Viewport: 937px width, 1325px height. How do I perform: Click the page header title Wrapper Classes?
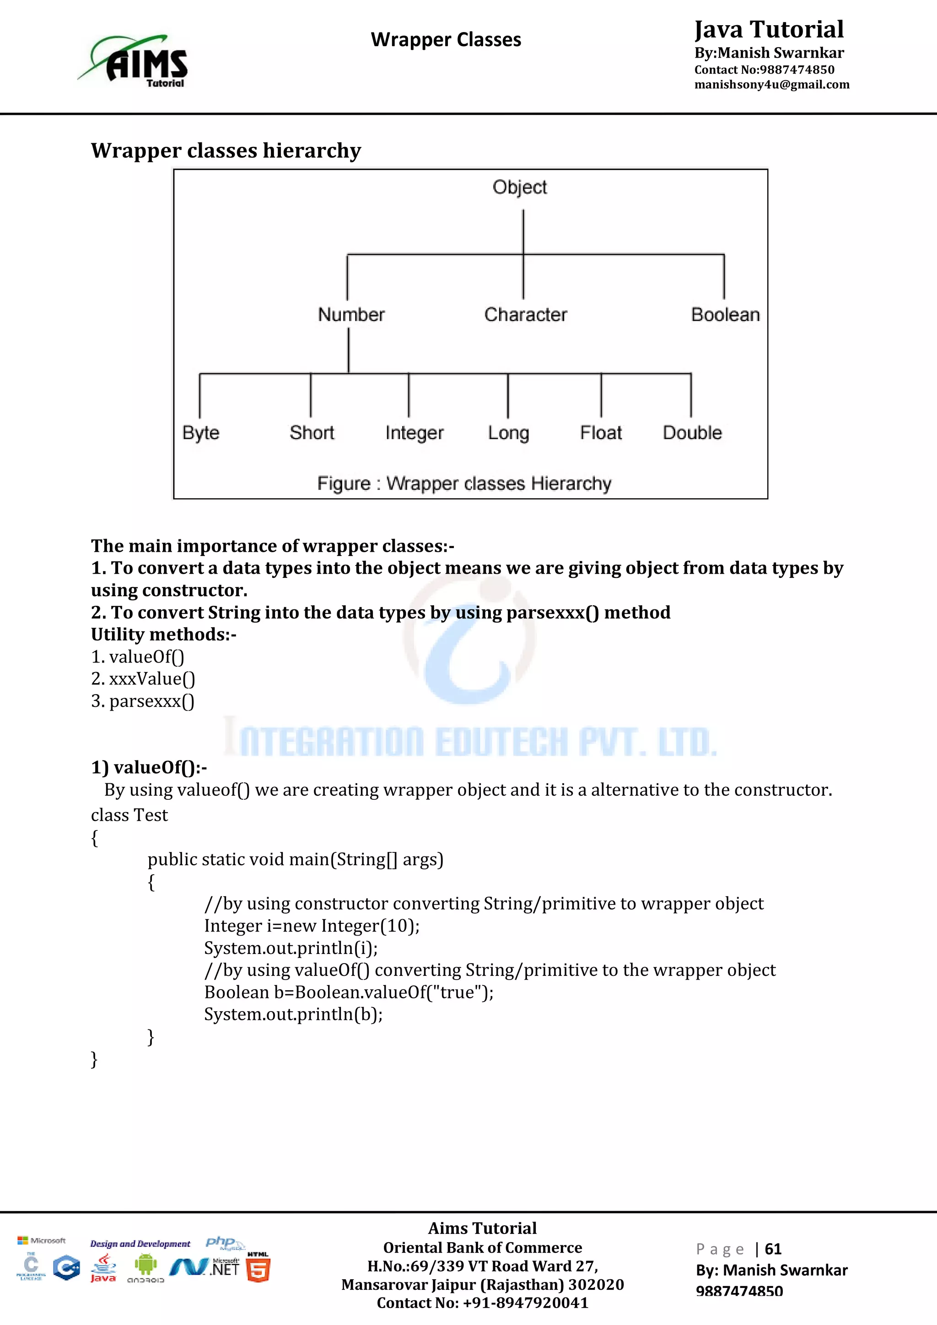[446, 40]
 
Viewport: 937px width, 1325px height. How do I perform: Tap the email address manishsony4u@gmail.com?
[771, 85]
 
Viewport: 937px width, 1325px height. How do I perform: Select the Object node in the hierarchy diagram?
[519, 188]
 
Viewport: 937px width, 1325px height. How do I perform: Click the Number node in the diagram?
[351, 314]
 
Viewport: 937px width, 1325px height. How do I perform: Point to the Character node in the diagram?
[525, 314]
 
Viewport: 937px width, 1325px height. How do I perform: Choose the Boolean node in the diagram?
[725, 314]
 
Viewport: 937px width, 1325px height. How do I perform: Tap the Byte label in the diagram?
[201, 433]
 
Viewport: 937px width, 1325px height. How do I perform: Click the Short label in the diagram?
[312, 433]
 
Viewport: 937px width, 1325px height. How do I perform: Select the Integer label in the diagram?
[414, 433]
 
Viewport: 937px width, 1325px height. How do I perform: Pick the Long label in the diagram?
[508, 433]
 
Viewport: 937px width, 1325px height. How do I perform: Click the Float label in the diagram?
[601, 433]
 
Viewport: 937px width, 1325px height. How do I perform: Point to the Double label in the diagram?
[692, 433]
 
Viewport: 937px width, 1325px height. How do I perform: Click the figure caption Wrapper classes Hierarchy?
[464, 484]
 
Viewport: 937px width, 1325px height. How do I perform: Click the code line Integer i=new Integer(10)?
[312, 926]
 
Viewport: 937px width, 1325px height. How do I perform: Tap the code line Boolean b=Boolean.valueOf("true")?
[349, 992]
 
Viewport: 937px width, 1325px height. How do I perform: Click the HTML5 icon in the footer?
[258, 1268]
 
